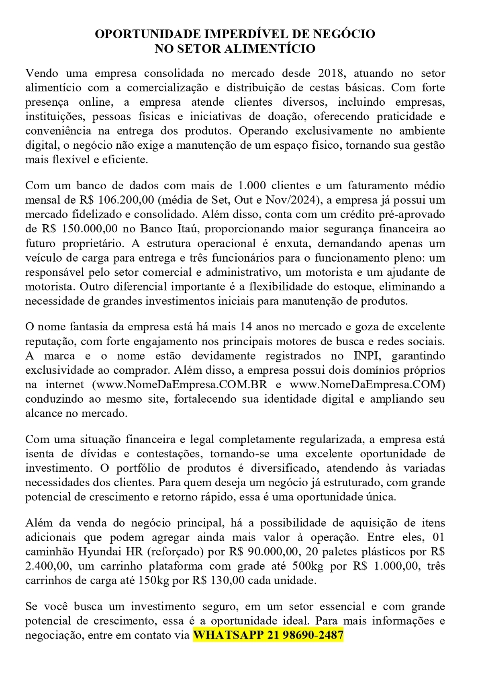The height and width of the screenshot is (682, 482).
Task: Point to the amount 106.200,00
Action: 125,200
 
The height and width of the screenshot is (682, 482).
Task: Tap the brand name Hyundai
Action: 94,552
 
